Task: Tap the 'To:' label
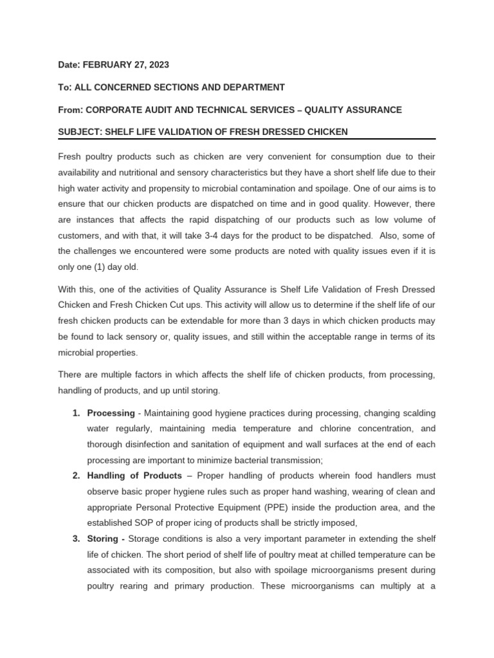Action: pyautogui.click(x=65, y=87)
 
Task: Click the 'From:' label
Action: pyautogui.click(x=71, y=110)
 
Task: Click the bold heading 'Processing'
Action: pyautogui.click(x=111, y=412)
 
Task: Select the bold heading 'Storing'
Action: pyautogui.click(x=102, y=538)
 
